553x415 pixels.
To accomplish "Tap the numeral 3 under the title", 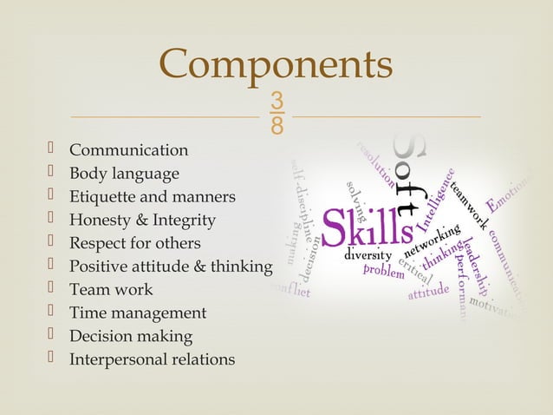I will (x=276, y=101).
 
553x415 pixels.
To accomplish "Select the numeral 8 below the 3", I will (x=276, y=127).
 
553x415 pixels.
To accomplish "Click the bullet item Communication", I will (x=128, y=150).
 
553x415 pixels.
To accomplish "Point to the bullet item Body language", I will (x=124, y=174).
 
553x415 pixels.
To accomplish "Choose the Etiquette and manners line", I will (x=152, y=197).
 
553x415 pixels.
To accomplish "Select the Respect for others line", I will (x=134, y=243).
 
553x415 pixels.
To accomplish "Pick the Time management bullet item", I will (x=137, y=313).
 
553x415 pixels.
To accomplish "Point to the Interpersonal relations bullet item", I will (x=152, y=359).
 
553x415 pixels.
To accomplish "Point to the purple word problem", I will (x=383, y=272).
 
